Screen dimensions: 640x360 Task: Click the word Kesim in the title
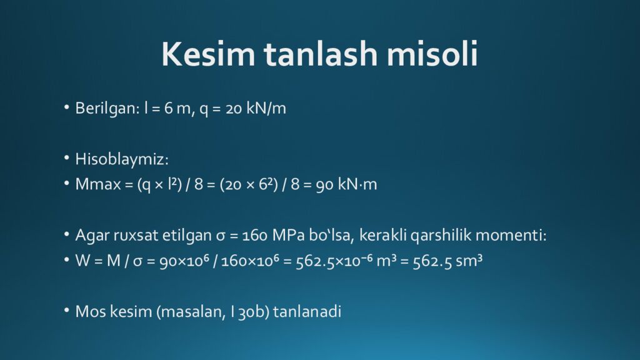click(x=208, y=54)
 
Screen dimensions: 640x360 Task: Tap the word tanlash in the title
click(x=321, y=54)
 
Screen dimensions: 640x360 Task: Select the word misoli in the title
click(x=432, y=54)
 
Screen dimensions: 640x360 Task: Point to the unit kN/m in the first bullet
click(x=266, y=109)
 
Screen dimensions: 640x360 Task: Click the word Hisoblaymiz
click(x=122, y=159)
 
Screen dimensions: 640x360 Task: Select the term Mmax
click(x=98, y=184)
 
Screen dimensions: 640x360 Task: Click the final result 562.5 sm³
click(x=447, y=261)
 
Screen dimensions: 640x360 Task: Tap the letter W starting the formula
click(x=83, y=261)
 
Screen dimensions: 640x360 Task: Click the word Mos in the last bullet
click(x=91, y=312)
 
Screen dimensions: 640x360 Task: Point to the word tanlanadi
click(x=307, y=312)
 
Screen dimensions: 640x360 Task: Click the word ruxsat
click(x=136, y=236)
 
